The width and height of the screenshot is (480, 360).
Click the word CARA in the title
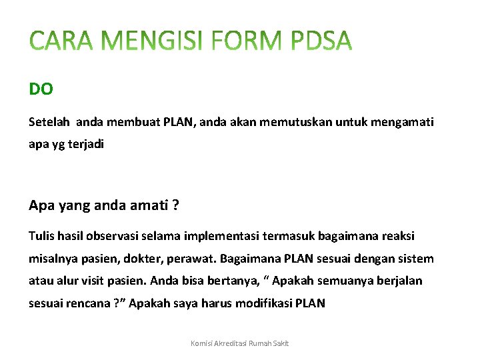tap(62, 42)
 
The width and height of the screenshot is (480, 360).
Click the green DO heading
tap(41, 89)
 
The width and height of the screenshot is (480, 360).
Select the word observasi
tap(113, 237)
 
